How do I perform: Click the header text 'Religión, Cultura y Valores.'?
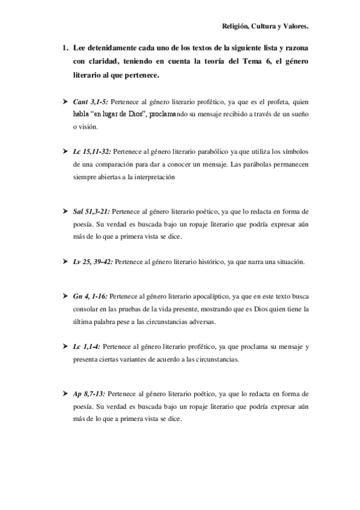tap(264, 26)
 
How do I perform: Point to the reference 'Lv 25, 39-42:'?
tap(93, 262)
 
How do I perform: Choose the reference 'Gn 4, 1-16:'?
tap(91, 298)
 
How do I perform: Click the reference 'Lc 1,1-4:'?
tap(87, 347)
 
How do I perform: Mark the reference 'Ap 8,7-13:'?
tap(90, 393)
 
